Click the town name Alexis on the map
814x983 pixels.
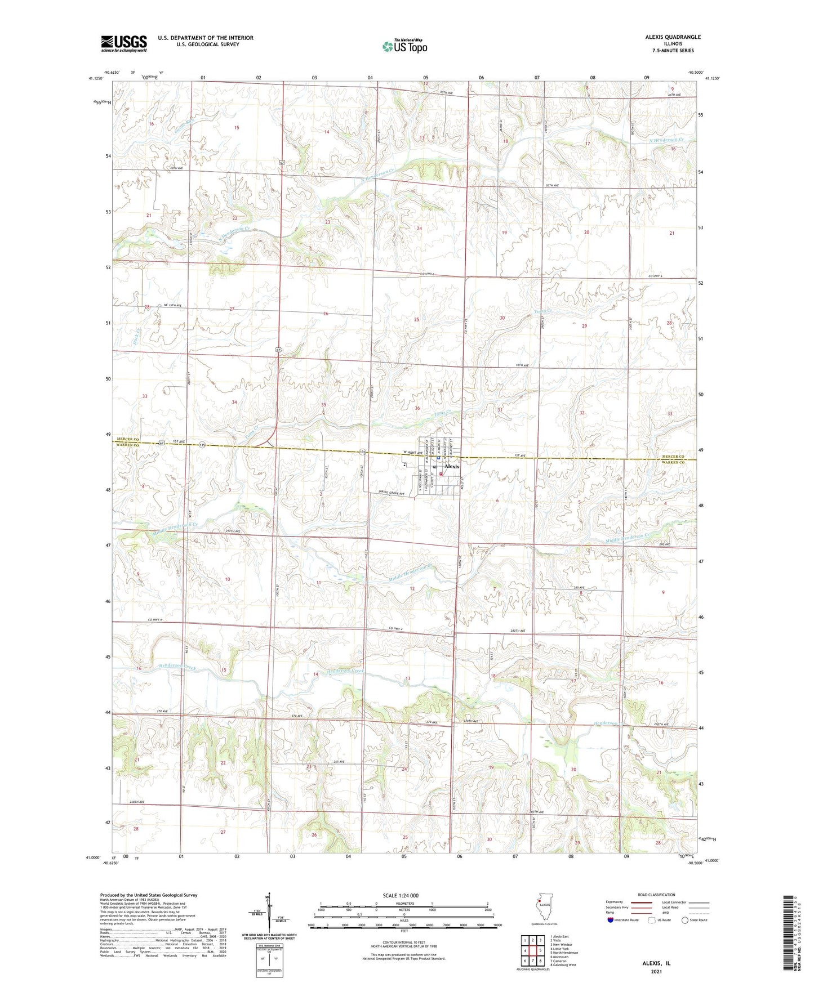coord(452,466)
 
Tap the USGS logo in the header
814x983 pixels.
coord(123,43)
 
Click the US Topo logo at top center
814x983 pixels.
coord(404,46)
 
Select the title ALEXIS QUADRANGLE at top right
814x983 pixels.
coord(673,37)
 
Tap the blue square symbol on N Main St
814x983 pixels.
coord(439,458)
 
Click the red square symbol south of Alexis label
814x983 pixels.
coord(441,473)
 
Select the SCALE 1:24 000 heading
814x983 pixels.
coord(400,896)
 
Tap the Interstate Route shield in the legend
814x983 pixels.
coord(610,920)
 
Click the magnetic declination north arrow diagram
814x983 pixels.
coord(269,915)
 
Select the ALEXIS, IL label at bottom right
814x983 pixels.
coord(656,963)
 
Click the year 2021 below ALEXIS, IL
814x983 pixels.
coord(656,971)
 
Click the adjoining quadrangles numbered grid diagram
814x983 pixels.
coord(532,950)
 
